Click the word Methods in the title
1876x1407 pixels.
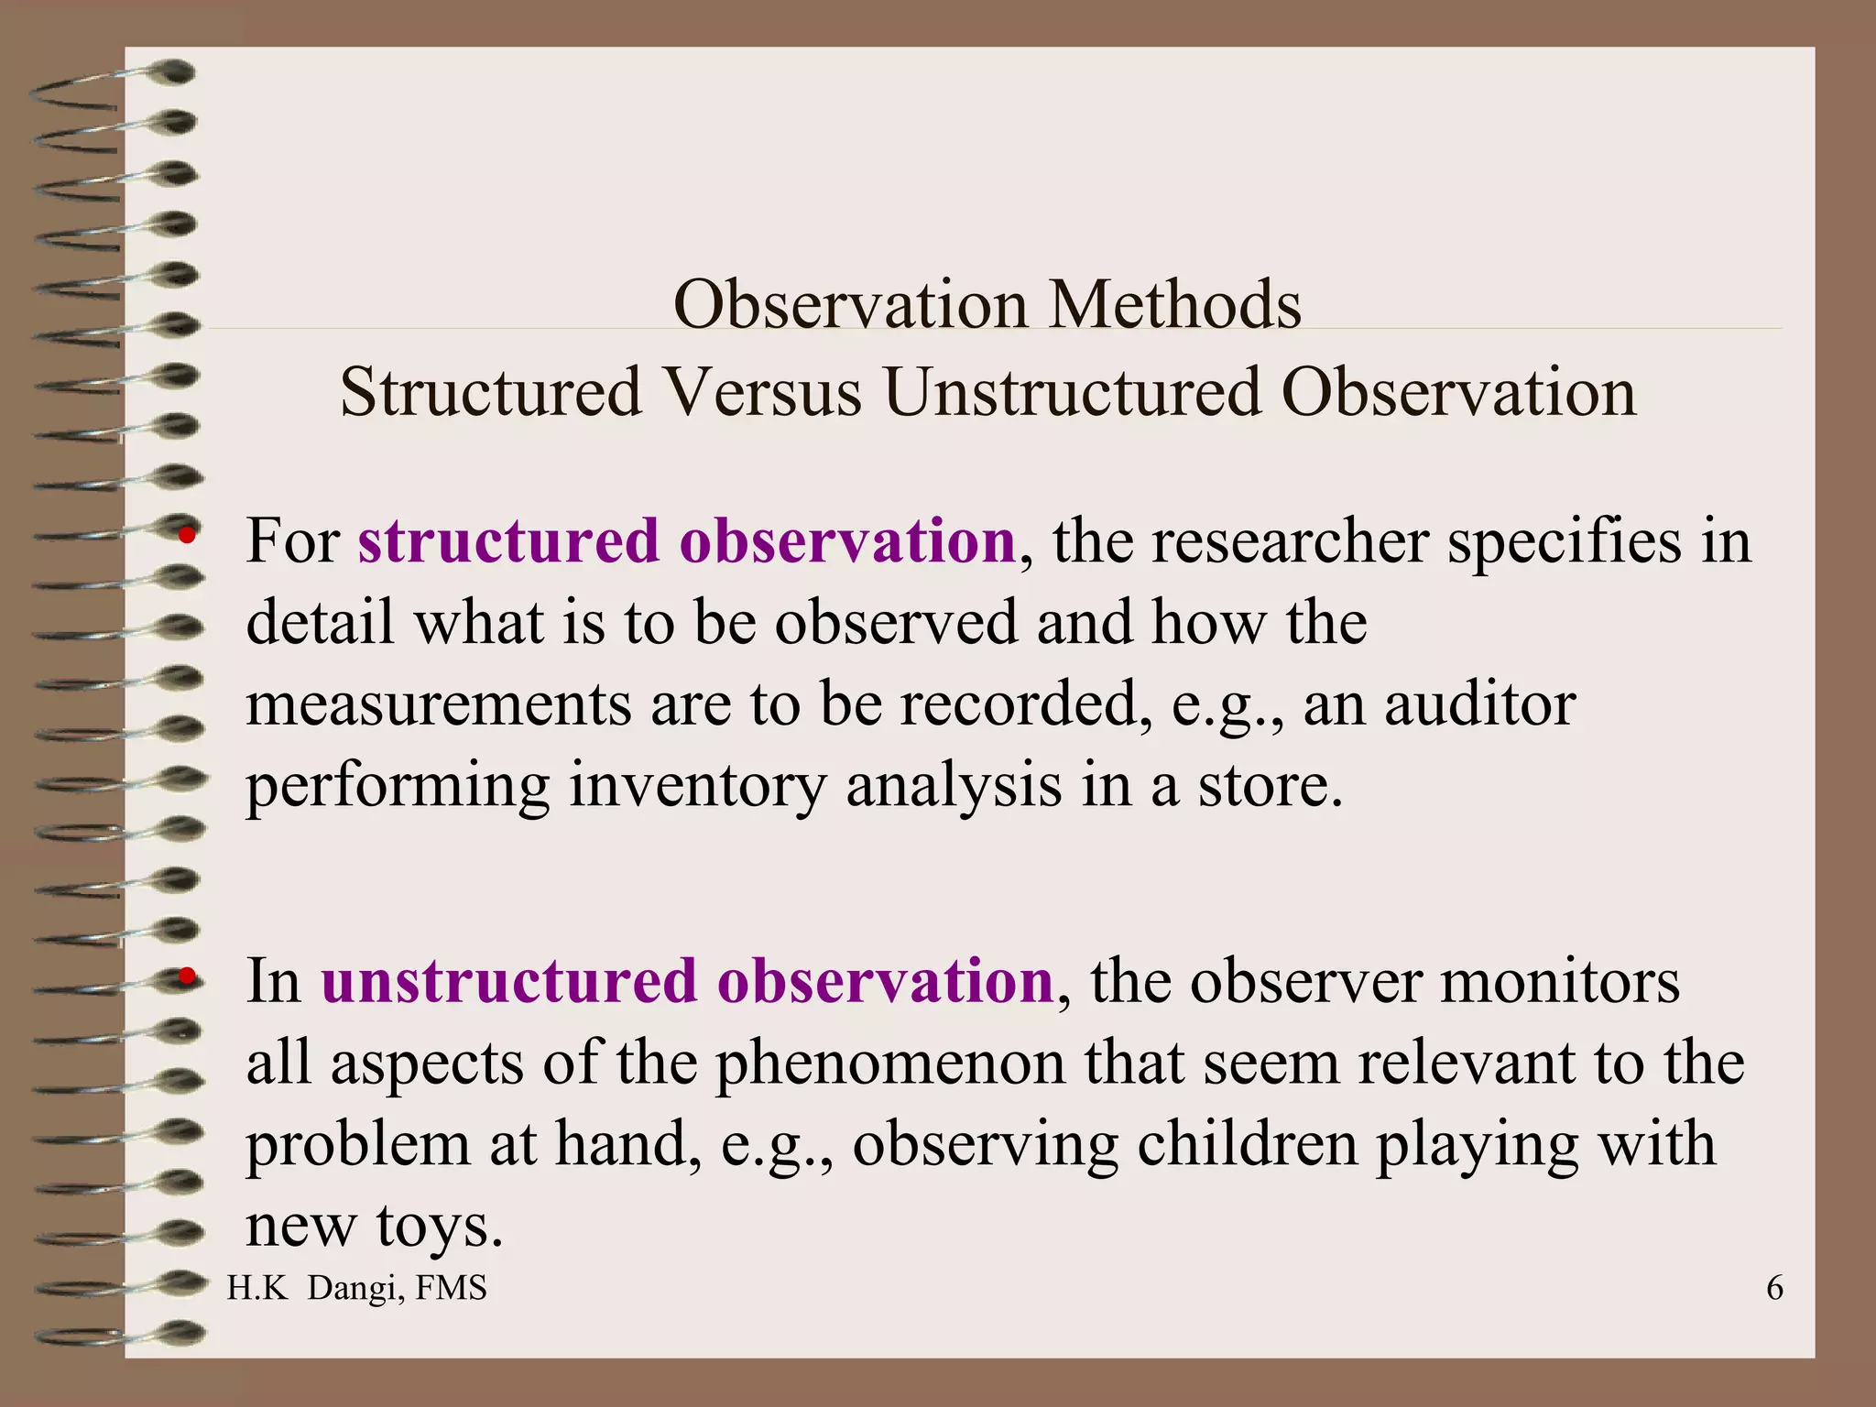[1175, 304]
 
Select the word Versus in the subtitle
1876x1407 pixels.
[763, 392]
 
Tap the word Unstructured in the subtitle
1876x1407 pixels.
[1073, 392]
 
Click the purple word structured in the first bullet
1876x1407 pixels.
[508, 540]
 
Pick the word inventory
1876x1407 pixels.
[697, 786]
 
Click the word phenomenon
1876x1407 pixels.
[890, 1063]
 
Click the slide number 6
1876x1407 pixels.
[1774, 1288]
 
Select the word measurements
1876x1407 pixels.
[439, 704]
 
